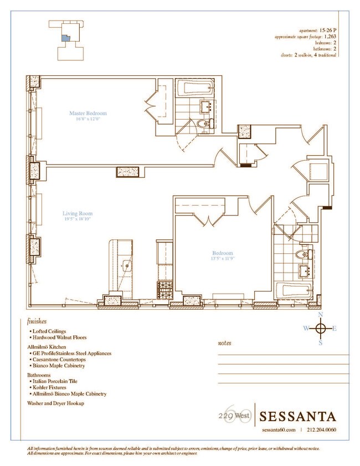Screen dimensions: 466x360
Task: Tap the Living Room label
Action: tap(77, 213)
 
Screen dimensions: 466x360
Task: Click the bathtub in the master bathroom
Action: tap(194, 88)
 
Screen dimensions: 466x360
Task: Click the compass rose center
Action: tap(320, 329)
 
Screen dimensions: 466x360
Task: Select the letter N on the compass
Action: tap(320, 315)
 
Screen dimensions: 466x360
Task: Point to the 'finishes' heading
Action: tap(37, 321)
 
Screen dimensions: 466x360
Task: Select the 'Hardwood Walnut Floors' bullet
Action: tap(59, 337)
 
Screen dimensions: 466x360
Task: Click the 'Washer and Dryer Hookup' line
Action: tap(55, 403)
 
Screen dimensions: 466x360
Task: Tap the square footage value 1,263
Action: tap(330, 36)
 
